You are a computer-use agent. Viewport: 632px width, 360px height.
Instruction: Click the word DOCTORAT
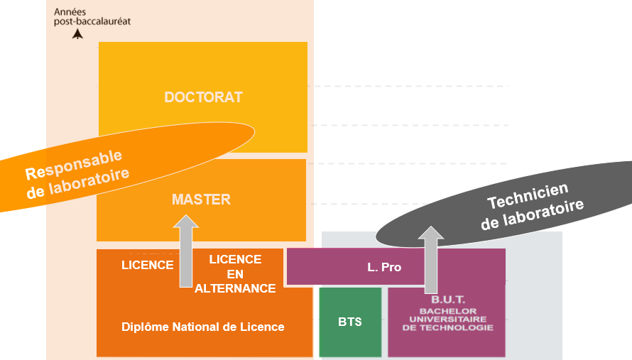pos(203,97)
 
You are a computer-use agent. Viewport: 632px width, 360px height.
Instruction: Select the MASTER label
pos(201,200)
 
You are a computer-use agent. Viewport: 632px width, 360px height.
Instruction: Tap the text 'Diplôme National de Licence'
pos(203,327)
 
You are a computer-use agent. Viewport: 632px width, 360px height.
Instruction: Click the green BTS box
pos(350,322)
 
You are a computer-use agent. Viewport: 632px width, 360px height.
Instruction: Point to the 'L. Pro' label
pos(384,267)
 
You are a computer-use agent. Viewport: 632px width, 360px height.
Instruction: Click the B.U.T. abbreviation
pos(447,300)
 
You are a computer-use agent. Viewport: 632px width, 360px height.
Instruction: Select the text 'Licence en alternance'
pos(235,273)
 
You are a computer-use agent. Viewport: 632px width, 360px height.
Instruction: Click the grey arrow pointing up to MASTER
pos(186,252)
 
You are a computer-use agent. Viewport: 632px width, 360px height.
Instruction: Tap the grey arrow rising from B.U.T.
pos(430,260)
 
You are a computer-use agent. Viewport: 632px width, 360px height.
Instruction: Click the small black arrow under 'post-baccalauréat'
pos(77,33)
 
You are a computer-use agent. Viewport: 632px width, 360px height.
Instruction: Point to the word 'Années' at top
pos(69,12)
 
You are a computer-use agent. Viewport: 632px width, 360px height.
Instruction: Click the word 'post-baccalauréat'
pos(92,21)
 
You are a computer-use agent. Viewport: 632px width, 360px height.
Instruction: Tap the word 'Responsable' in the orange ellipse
pos(74,165)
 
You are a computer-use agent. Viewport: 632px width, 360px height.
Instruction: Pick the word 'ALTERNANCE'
pos(235,288)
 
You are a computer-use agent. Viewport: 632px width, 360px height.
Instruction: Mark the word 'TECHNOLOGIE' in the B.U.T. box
pos(447,327)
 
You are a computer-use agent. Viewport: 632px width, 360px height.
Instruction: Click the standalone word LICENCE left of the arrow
pos(148,266)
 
